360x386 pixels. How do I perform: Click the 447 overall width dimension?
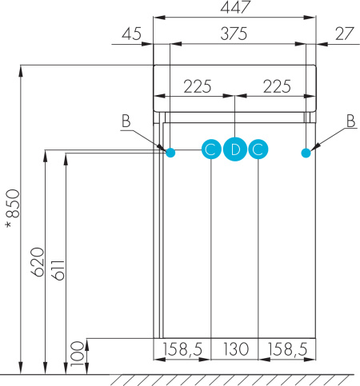pos(235,7)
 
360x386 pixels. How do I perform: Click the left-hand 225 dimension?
pos(197,87)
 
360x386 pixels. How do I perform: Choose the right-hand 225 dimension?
pos(277,87)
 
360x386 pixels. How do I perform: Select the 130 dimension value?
pos(234,349)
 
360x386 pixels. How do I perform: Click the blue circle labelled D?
pos(234,149)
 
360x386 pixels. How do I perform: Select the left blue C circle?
pos(210,149)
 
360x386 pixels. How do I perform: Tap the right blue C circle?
pos(258,149)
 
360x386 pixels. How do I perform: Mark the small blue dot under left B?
pos(170,152)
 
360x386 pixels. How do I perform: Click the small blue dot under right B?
pos(306,152)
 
